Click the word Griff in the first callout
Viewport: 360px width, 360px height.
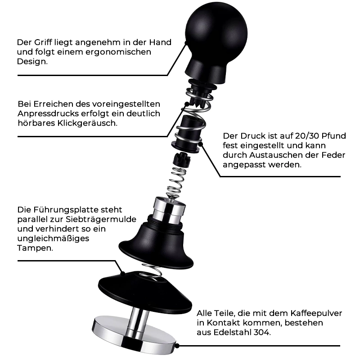pos(43,43)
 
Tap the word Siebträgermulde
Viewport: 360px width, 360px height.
pos(101,220)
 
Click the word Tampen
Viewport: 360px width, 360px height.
pos(35,248)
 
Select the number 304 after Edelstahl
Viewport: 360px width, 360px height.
pos(262,333)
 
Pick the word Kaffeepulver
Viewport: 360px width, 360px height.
pos(316,313)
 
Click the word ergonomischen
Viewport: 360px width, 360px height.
pos(118,52)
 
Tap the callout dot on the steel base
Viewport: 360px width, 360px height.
pos(177,346)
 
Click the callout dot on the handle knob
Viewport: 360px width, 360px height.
pos(187,43)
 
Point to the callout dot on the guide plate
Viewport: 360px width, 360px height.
pos(123,274)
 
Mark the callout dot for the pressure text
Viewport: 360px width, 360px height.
pos(200,144)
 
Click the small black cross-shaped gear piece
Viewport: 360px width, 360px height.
pos(182,160)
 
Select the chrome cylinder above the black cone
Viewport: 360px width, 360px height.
pos(170,210)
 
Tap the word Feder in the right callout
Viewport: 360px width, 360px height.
pos(333,155)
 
